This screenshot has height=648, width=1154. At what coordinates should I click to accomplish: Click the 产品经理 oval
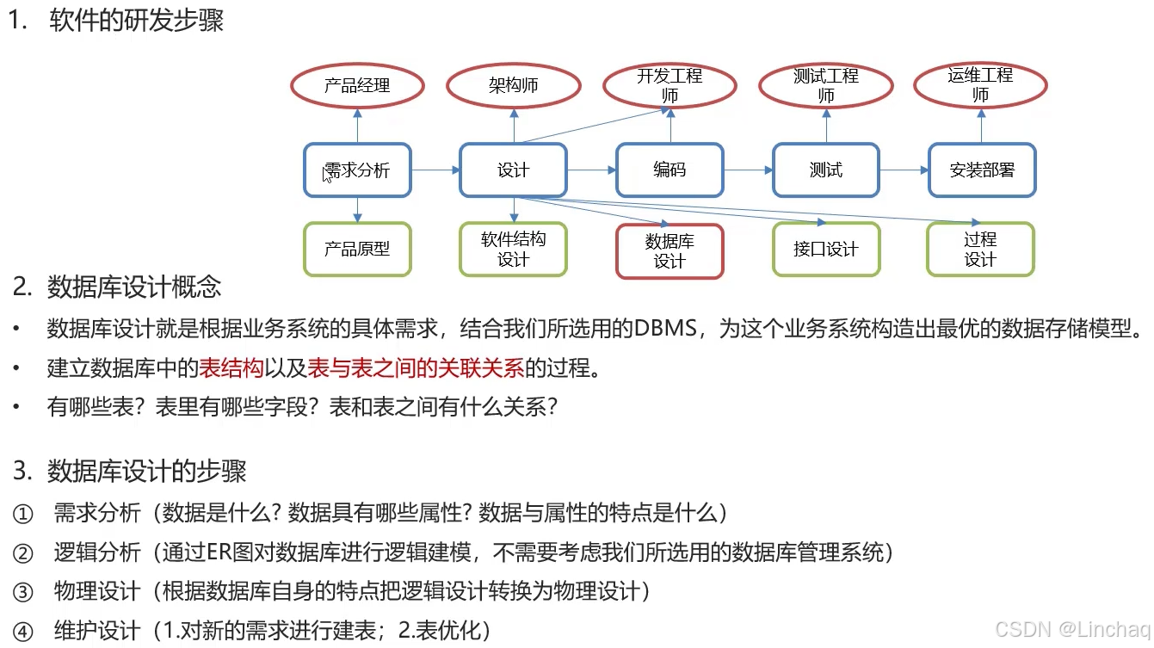(x=357, y=85)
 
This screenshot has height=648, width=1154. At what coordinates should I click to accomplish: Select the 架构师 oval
(x=513, y=85)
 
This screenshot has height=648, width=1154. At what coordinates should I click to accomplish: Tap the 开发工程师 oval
(x=670, y=85)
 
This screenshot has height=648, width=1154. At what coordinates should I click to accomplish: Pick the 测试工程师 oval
(x=825, y=85)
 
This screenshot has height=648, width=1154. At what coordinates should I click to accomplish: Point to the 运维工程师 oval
(x=980, y=85)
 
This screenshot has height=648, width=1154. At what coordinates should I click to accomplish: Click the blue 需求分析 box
(x=357, y=170)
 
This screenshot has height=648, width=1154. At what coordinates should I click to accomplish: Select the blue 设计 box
(x=513, y=170)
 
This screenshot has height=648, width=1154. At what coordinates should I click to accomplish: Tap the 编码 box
(x=670, y=170)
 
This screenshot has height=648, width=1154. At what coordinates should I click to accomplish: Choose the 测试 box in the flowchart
(x=825, y=170)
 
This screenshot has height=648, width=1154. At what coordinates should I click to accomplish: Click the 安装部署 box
(x=982, y=170)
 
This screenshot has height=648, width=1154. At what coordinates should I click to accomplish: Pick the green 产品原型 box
(x=357, y=249)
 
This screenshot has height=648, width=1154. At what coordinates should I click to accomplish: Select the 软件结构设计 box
(x=513, y=249)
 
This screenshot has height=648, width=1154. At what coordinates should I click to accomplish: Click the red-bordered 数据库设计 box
(x=670, y=251)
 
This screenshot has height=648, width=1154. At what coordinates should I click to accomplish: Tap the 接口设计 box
(x=825, y=249)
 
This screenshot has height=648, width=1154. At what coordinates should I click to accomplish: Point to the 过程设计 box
(x=980, y=249)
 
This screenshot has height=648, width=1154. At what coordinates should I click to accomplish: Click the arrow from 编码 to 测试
(x=748, y=170)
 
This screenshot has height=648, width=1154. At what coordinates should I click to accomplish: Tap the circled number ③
(x=23, y=592)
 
